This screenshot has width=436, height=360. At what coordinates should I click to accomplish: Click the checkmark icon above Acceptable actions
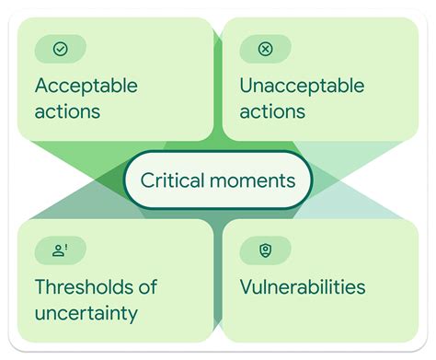pyautogui.click(x=61, y=49)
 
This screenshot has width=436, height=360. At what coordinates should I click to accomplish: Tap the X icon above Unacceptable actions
pyautogui.click(x=266, y=49)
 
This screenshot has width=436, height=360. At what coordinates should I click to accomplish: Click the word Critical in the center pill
pyautogui.click(x=174, y=180)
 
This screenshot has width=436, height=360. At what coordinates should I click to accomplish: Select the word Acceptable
pyautogui.click(x=86, y=87)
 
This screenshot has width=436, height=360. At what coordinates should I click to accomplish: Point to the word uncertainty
pyautogui.click(x=86, y=313)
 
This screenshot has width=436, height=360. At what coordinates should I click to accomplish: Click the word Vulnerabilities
pyautogui.click(x=303, y=287)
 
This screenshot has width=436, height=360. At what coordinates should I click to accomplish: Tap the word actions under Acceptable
pyautogui.click(x=67, y=112)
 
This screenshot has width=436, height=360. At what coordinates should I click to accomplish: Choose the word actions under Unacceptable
pyautogui.click(x=272, y=112)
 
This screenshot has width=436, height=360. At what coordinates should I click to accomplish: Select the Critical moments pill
pyautogui.click(x=218, y=180)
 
